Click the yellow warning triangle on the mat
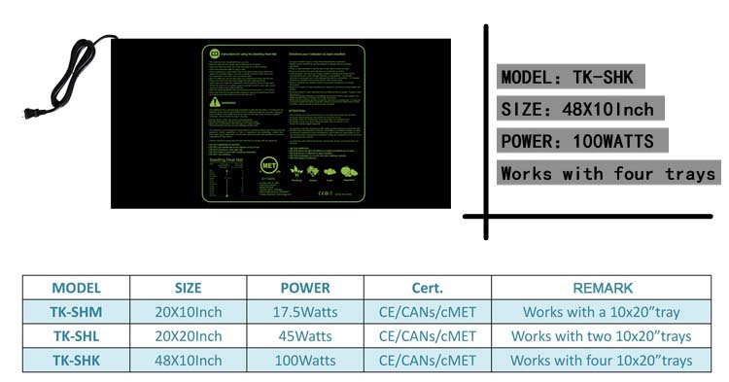coord(213,100)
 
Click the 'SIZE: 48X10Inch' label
coord(576,109)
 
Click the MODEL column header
coord(77,288)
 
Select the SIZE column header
coord(189,288)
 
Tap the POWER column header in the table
coord(305,288)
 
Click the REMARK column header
coord(602,288)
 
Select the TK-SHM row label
coord(77,312)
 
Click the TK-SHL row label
coord(77,336)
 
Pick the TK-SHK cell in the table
coord(77,361)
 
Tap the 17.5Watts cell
coord(305,312)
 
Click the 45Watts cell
coord(305,336)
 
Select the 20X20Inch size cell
coord(189,336)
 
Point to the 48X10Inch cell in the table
coord(189,361)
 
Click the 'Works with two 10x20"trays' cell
coord(602,336)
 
